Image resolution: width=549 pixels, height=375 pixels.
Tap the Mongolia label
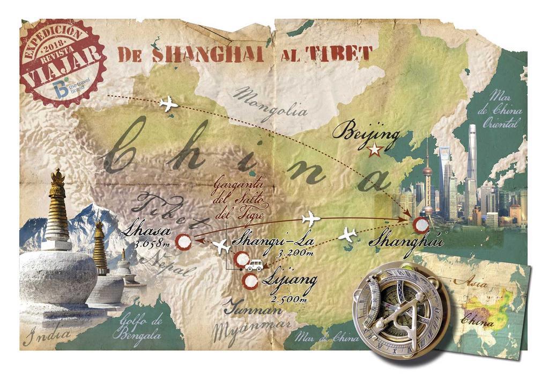(271, 105)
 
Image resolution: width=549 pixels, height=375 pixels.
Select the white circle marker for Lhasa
(184, 243)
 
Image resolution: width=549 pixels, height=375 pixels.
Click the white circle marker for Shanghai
(422, 225)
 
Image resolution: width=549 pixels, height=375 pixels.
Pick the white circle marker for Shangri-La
(242, 259)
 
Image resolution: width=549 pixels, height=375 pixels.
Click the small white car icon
(254, 265)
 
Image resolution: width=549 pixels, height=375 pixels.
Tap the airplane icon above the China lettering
(169, 104)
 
